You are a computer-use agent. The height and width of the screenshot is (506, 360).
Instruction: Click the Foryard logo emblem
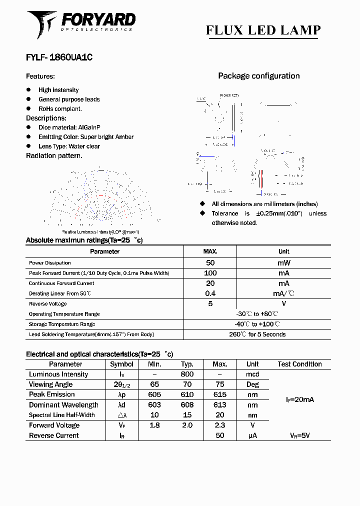point(42,23)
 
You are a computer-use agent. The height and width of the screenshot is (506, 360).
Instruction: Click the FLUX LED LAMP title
point(263,30)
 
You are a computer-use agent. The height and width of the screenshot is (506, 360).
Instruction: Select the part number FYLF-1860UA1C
point(59,57)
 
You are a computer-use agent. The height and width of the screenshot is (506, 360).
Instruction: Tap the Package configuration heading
point(258,76)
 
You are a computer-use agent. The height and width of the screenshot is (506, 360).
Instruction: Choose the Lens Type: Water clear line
point(69,146)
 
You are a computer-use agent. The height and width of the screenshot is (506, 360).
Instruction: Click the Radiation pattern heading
point(54,155)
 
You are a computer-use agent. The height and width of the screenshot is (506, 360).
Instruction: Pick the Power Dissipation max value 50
point(210,263)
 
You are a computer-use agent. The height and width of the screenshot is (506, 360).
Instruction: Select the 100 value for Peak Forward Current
point(210,273)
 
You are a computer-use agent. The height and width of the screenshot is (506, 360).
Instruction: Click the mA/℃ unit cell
point(283,293)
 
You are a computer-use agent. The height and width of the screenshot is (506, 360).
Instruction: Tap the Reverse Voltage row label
point(47,304)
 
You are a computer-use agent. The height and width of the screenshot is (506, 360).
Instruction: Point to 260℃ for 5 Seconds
point(257,334)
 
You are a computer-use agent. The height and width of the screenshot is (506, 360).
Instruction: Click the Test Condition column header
point(299,364)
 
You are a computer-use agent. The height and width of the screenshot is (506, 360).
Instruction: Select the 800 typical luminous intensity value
point(187,374)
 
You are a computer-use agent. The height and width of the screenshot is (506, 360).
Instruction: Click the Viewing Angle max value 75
point(219,384)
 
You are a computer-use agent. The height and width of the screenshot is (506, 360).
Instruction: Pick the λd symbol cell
point(121,405)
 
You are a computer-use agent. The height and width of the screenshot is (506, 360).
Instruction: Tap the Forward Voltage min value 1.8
point(154,425)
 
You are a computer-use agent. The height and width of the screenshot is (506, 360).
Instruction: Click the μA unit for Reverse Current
point(252,435)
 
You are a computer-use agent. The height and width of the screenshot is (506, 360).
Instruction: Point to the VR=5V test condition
point(299,435)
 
